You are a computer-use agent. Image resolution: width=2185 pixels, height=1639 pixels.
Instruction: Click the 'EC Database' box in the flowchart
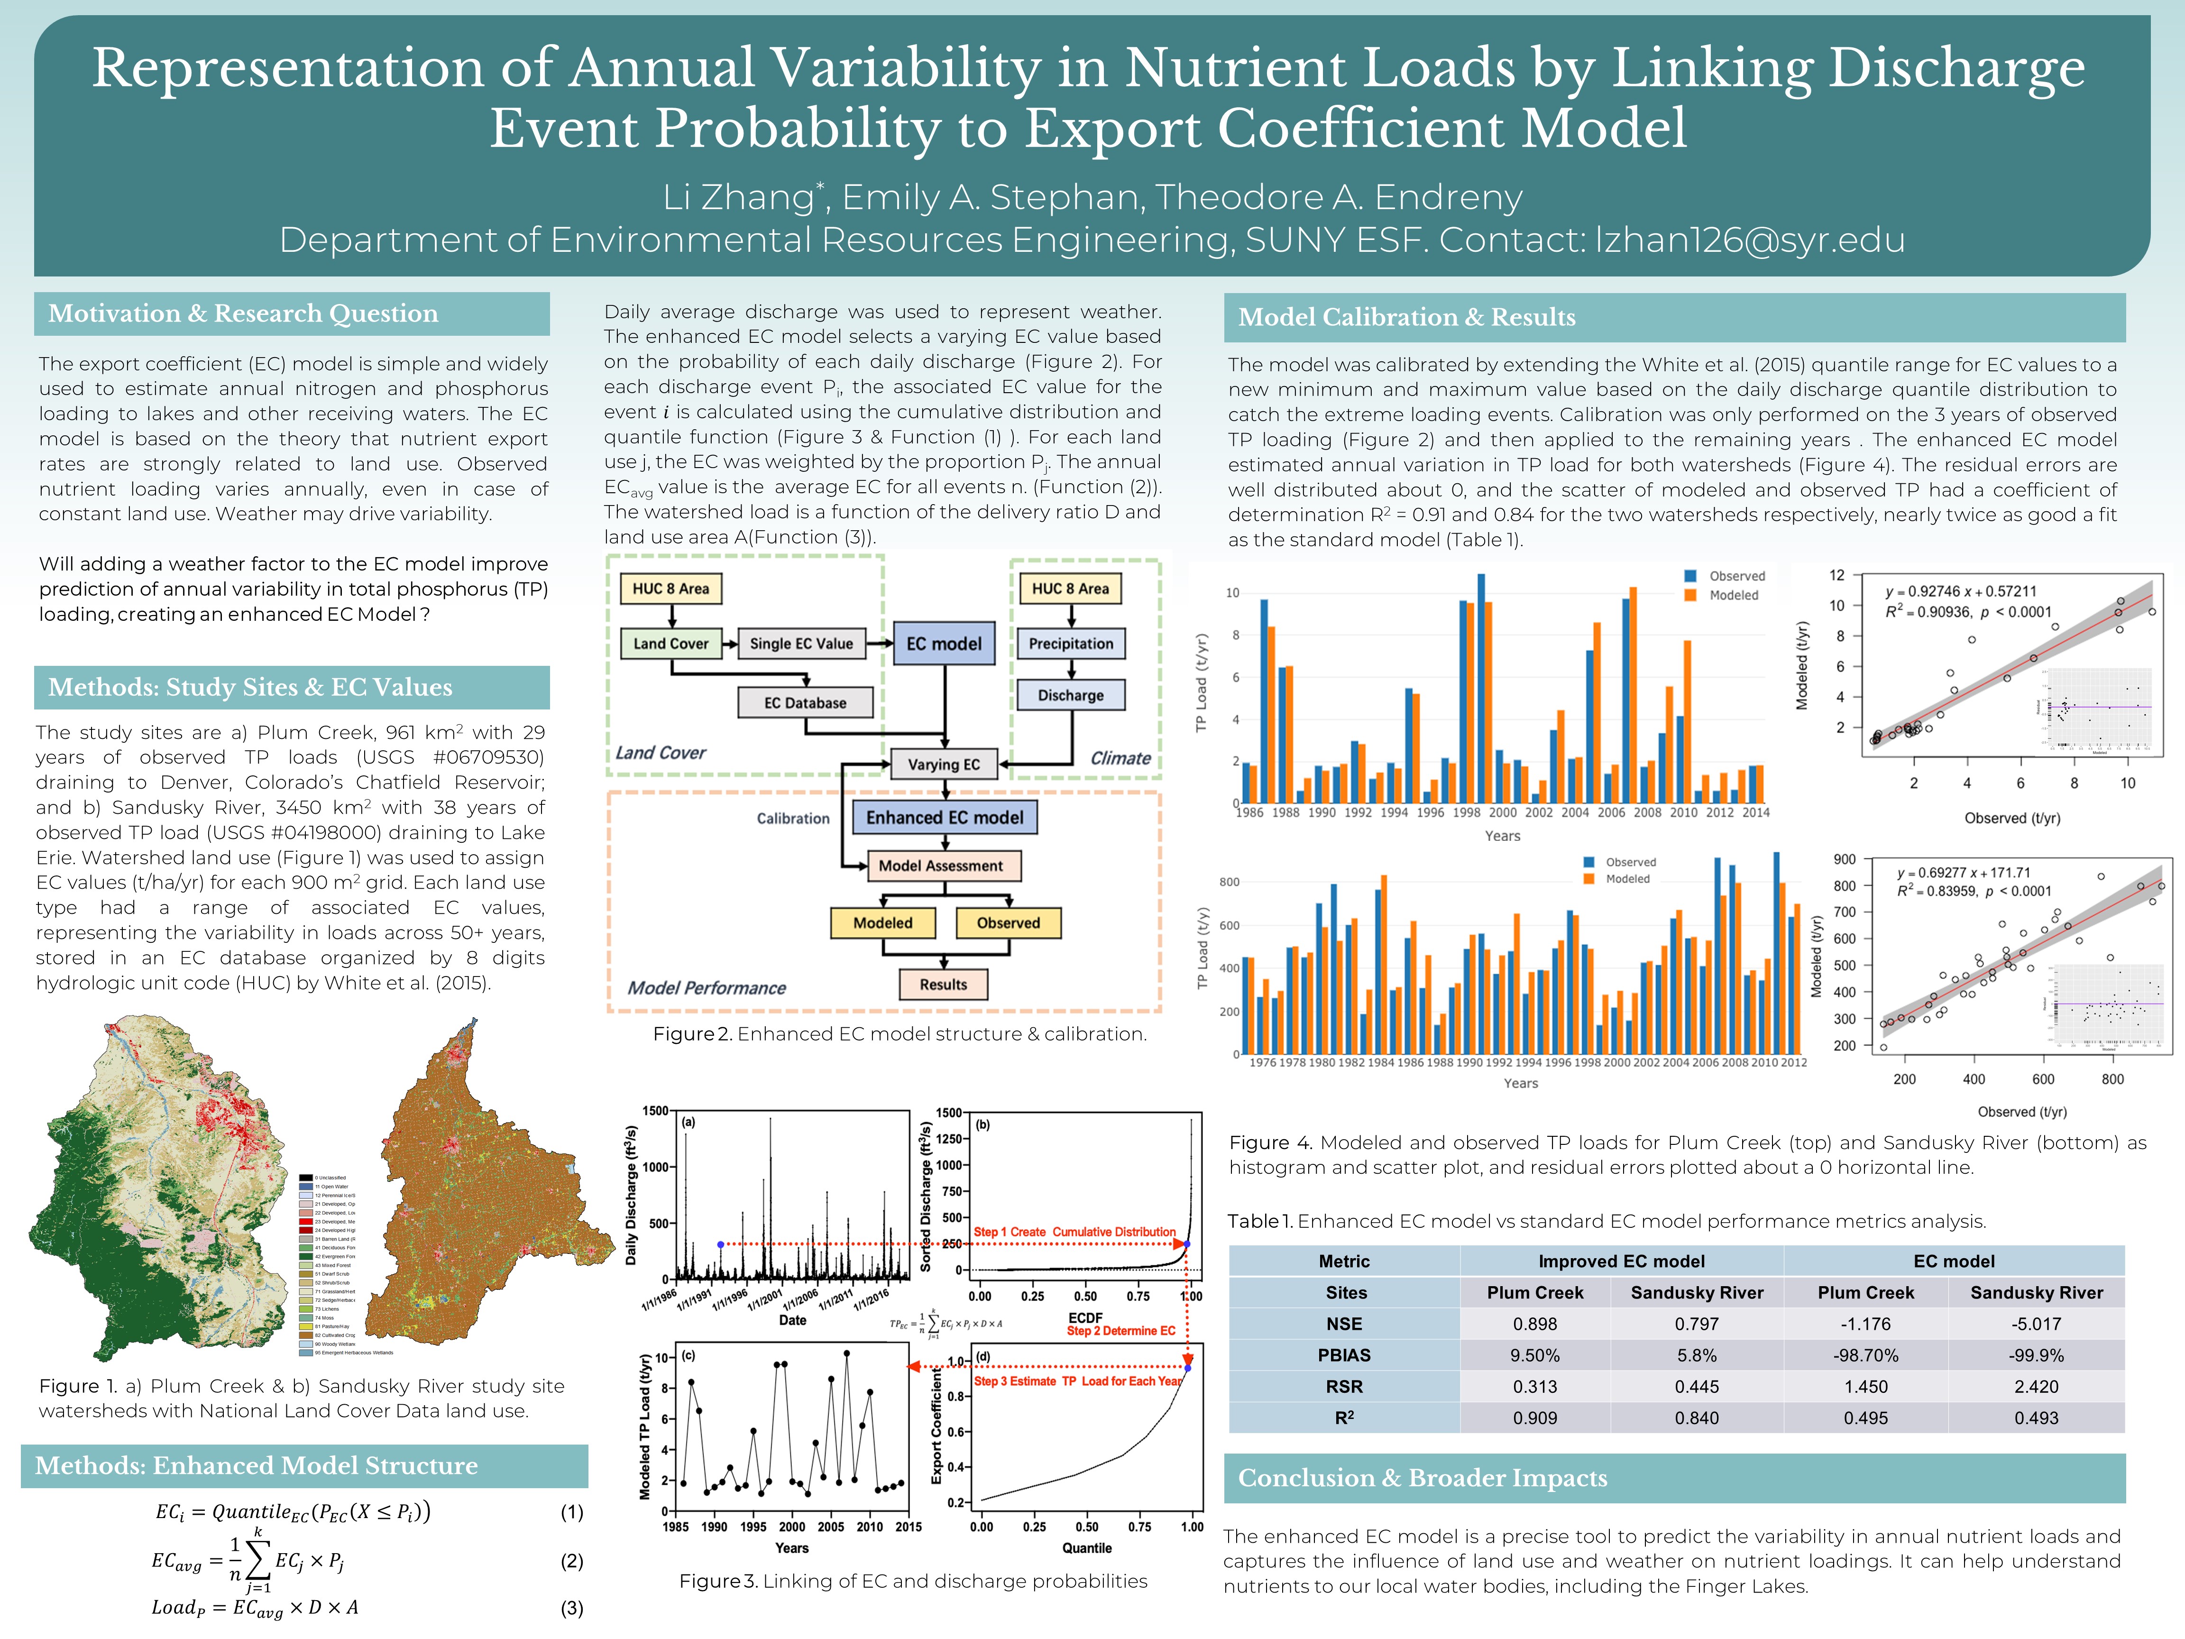(805, 702)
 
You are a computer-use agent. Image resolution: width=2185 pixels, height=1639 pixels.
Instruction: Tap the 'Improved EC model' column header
(1621, 1261)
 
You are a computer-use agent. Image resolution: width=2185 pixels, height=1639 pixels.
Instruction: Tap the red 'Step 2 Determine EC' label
(1120, 1331)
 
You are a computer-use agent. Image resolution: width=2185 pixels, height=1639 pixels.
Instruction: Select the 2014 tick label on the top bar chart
(1755, 813)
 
